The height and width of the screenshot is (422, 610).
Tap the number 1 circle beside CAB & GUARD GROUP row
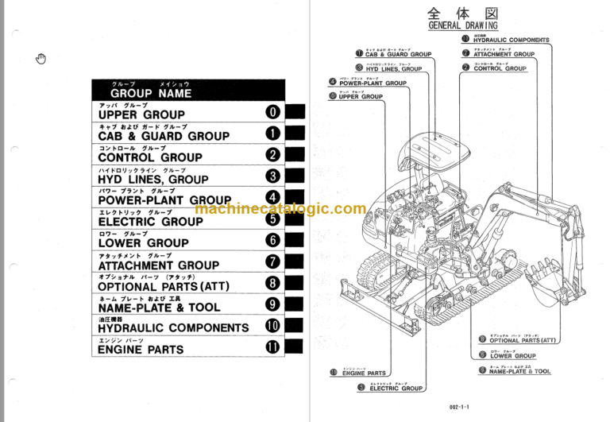pos(272,134)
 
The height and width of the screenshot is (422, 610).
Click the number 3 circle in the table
pos(272,177)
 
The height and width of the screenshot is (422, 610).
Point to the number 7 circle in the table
pos(272,262)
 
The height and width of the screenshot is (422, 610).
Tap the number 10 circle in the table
pos(272,326)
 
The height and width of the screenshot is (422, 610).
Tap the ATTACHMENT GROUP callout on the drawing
pos(504,54)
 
